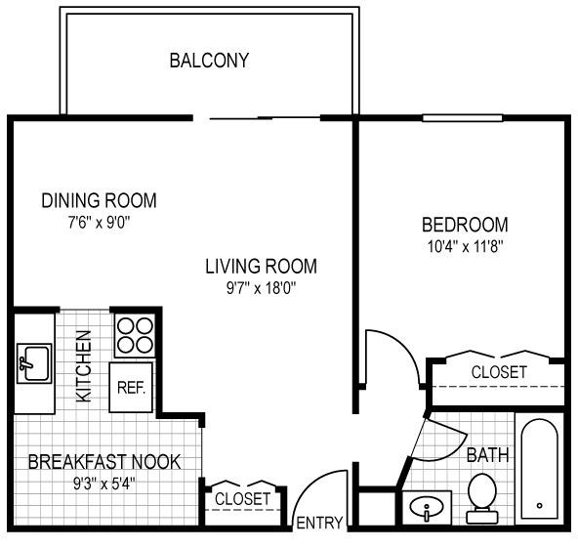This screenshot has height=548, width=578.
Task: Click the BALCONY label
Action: (x=209, y=61)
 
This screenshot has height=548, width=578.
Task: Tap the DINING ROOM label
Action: (x=99, y=200)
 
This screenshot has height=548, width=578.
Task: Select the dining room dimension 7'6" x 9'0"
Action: (x=100, y=223)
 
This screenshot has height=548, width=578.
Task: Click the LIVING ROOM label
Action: (x=261, y=267)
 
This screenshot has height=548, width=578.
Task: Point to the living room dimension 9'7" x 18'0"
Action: (x=262, y=288)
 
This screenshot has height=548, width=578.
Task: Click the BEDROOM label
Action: (x=465, y=225)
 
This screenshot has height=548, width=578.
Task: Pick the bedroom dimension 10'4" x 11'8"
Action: (x=465, y=246)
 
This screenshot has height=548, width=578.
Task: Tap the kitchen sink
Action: (x=34, y=363)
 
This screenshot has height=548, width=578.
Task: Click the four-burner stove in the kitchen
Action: (x=135, y=336)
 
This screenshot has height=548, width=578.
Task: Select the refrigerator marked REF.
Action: (x=131, y=387)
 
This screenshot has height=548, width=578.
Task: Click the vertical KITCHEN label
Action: (x=84, y=366)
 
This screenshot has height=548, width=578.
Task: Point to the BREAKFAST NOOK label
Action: (x=104, y=462)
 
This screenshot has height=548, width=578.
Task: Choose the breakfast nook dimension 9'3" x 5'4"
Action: (x=104, y=484)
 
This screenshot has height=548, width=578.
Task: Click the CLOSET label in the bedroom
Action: (x=499, y=372)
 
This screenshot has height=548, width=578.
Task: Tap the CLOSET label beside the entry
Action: (x=242, y=499)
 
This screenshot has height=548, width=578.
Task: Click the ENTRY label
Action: (x=319, y=523)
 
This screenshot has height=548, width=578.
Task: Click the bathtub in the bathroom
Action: (x=539, y=469)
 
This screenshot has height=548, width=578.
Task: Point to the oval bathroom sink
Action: (x=427, y=507)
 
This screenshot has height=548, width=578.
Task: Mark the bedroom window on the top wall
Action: (x=462, y=118)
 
